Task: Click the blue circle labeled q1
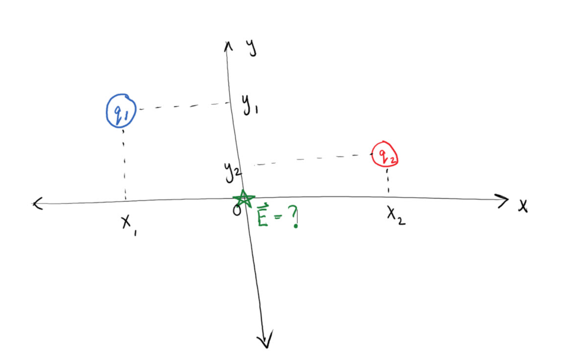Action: [x=121, y=111]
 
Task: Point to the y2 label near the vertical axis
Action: [x=232, y=171]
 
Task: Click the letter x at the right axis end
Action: [x=523, y=206]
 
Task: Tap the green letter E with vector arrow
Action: [x=263, y=216]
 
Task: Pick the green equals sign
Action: [x=278, y=217]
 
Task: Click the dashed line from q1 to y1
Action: [x=184, y=106]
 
